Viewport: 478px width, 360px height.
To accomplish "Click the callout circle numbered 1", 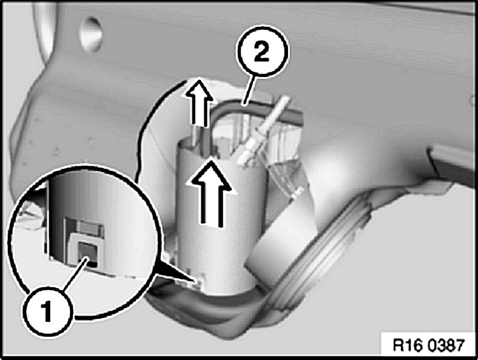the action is tap(47, 311).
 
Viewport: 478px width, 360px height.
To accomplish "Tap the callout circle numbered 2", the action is tap(262, 52).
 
